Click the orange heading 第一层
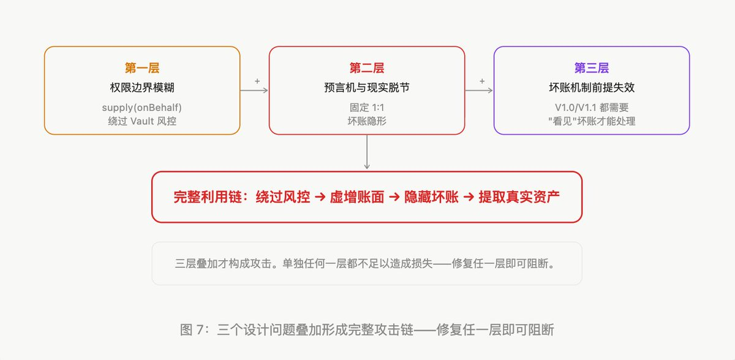click(x=142, y=68)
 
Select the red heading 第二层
click(x=366, y=68)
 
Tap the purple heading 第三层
click(x=592, y=68)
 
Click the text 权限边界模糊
click(x=142, y=88)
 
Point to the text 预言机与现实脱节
click(x=366, y=88)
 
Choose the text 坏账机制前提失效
click(x=592, y=88)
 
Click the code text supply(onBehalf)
click(x=142, y=108)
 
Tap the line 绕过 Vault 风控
click(x=142, y=121)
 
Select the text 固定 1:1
click(x=366, y=108)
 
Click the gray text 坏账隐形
click(x=366, y=121)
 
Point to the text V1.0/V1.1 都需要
click(x=592, y=108)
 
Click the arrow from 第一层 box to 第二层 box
click(x=254, y=91)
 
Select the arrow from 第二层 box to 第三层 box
click(x=479, y=91)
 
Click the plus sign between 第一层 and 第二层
click(x=257, y=81)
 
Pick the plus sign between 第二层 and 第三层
click(x=482, y=81)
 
